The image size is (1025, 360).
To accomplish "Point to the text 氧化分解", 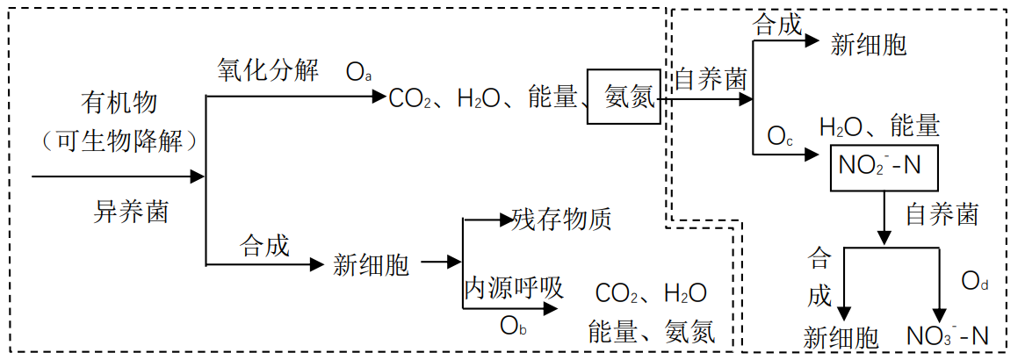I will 268,71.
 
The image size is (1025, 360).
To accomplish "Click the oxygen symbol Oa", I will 358,72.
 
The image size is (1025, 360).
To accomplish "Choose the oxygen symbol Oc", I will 782,137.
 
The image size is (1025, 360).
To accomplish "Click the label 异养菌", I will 131,212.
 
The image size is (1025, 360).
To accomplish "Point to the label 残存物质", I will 561,220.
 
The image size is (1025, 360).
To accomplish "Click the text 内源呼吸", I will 513,289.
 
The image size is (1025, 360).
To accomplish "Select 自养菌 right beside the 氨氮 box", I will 710,80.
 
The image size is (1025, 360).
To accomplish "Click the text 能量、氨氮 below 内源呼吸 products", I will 651,332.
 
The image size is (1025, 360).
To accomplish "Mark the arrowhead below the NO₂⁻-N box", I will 884,237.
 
